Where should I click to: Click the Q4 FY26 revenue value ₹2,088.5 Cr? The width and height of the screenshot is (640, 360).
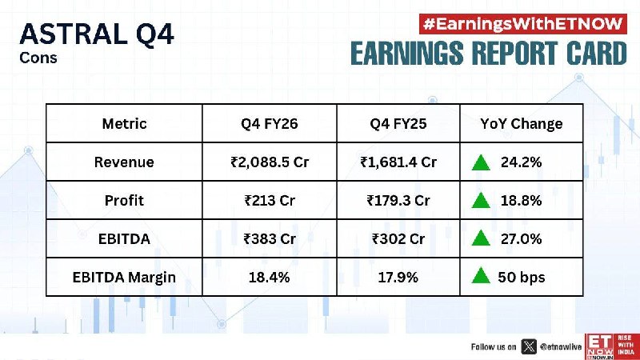270,162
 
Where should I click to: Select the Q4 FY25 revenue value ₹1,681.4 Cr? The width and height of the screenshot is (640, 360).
398,162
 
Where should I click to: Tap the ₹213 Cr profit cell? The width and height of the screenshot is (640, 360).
270,201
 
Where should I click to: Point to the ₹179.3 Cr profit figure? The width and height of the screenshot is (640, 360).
398,201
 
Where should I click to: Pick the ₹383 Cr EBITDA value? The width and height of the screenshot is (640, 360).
270,238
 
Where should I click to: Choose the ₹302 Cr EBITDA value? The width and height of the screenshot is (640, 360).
398,238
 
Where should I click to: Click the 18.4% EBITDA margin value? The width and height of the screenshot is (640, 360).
270,278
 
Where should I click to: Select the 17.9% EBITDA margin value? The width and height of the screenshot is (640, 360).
398,278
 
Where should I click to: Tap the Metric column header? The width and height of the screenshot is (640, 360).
124,124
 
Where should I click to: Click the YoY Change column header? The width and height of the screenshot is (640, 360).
522,124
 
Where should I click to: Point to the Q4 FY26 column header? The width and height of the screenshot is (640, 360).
270,124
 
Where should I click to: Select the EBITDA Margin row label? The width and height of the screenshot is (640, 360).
124,278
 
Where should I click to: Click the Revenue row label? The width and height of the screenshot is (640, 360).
124,162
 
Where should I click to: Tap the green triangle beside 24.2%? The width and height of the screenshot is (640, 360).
481,162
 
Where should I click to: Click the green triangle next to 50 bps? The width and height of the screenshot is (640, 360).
481,275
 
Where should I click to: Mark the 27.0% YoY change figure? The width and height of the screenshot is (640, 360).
522,238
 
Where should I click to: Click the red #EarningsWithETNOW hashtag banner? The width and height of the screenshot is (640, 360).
523,24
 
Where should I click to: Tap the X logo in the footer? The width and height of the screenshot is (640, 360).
529,347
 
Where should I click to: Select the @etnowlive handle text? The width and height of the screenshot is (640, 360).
561,347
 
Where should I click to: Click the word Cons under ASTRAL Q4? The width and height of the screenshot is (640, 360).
38,58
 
